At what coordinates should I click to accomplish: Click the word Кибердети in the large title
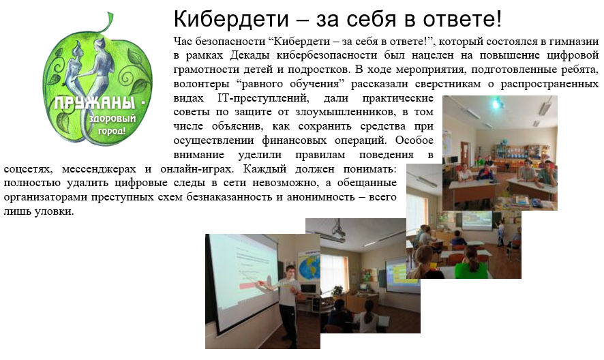pyautogui.click(x=231, y=19)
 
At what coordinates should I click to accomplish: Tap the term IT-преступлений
pyautogui.click(x=263, y=98)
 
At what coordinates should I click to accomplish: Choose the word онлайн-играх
pyautogui.click(x=196, y=169)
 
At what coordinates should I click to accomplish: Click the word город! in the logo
pyautogui.click(x=112, y=131)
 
